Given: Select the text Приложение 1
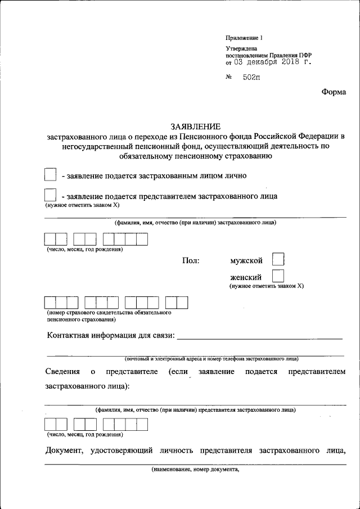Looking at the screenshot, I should click(244, 38).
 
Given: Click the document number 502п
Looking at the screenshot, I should click(251, 77).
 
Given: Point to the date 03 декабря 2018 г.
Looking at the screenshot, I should click(272, 62).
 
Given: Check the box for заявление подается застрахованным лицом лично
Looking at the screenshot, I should click(50, 175).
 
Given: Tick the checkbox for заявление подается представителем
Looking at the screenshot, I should click(50, 196).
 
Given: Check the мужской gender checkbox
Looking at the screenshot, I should click(278, 259).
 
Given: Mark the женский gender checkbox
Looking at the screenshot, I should click(278, 276).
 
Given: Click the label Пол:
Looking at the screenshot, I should click(191, 261).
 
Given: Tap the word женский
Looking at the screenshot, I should click(245, 277).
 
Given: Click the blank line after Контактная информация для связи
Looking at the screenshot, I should click(259, 337).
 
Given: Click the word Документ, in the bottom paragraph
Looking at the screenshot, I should click(64, 451).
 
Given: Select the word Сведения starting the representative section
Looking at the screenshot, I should click(62, 372).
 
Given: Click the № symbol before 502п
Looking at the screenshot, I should click(229, 77).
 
